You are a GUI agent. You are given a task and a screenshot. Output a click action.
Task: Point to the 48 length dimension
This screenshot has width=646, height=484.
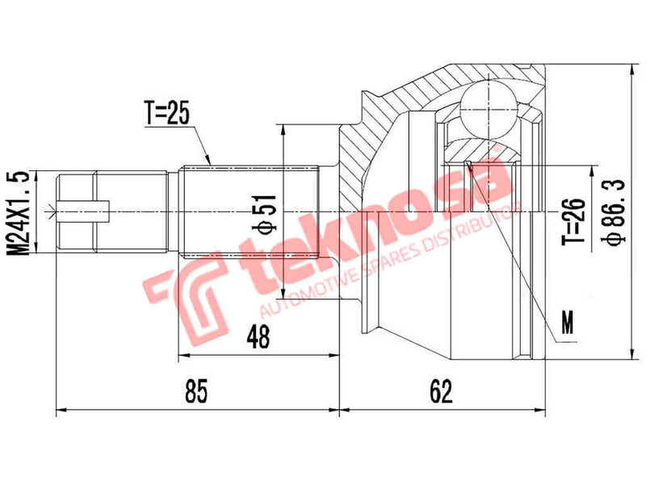click(x=258, y=335)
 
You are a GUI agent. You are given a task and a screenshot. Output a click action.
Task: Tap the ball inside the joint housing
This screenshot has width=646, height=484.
click(x=488, y=105)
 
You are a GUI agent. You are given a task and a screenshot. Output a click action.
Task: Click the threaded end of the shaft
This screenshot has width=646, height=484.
click(x=77, y=212)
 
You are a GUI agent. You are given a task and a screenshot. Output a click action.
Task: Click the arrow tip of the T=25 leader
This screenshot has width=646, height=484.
click(x=212, y=165)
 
